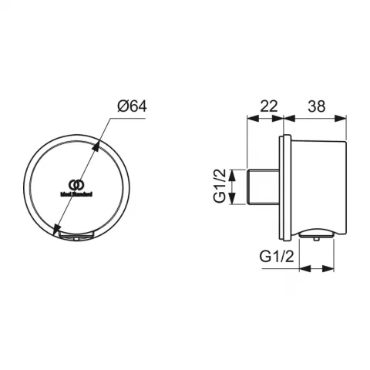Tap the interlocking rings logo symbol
(75, 183)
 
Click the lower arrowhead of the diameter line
(57, 230)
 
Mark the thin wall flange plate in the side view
(288, 186)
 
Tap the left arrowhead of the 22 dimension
(249, 119)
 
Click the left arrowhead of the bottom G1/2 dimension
(303, 268)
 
